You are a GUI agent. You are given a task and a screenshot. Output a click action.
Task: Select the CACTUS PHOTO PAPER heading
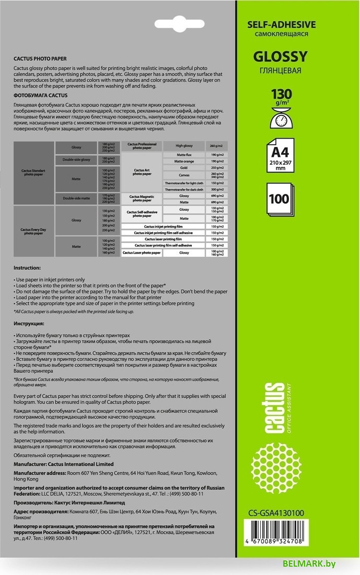40,59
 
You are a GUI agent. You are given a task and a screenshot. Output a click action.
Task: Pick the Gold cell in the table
183,168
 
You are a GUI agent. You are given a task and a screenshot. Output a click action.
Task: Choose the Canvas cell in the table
183,175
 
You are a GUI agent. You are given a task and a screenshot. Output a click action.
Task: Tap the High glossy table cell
184,145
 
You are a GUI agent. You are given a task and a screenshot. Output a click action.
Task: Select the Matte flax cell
183,155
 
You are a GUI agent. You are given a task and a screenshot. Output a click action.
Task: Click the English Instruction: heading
27,267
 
